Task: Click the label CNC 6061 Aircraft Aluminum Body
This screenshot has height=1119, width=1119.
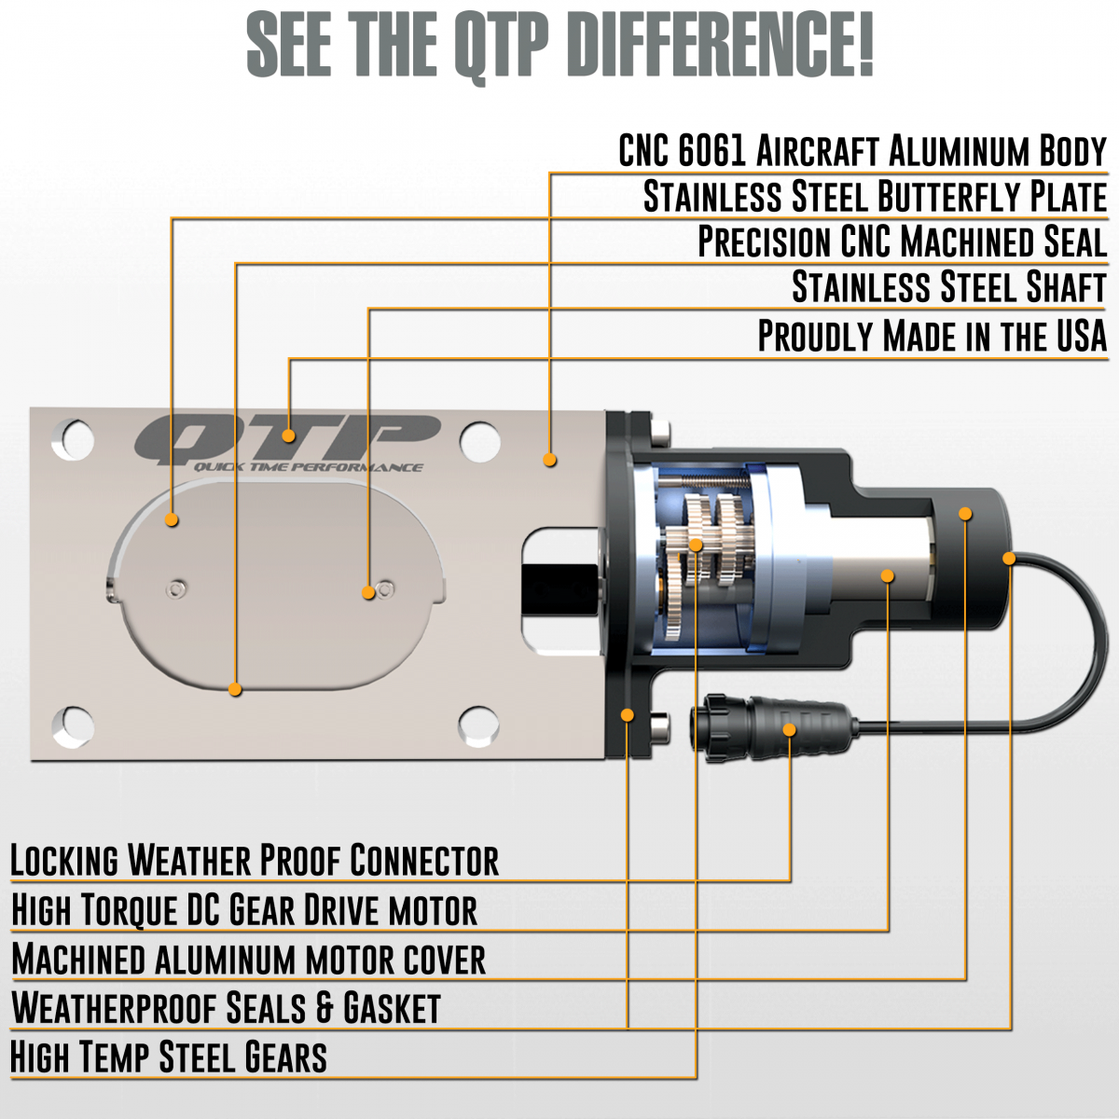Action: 863,151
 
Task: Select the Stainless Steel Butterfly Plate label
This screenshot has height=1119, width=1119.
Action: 875,196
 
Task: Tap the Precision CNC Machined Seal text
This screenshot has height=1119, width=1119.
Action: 903,241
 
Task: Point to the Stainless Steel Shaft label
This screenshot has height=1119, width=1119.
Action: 949,286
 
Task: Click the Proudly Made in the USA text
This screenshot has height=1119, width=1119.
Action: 932,336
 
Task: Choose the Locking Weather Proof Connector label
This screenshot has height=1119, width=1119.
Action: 255,860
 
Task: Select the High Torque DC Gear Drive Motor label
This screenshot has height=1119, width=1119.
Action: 244,910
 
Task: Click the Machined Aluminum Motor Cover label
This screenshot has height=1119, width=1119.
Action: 249,960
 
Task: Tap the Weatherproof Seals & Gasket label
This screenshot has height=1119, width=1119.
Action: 226,1007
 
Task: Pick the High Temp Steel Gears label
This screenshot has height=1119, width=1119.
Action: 169,1057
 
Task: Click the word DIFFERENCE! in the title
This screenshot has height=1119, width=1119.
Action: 723,46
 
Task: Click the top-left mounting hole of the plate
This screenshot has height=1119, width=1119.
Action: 73,439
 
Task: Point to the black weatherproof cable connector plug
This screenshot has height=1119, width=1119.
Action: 772,727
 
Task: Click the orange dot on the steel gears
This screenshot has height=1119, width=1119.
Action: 696,545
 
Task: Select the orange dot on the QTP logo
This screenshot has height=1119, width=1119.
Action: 288,435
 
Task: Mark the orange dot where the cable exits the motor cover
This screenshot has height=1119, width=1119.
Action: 1009,559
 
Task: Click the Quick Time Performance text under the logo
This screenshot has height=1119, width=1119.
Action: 308,467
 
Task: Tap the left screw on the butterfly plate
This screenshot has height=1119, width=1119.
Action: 176,590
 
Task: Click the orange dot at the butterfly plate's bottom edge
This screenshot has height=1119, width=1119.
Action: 235,689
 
